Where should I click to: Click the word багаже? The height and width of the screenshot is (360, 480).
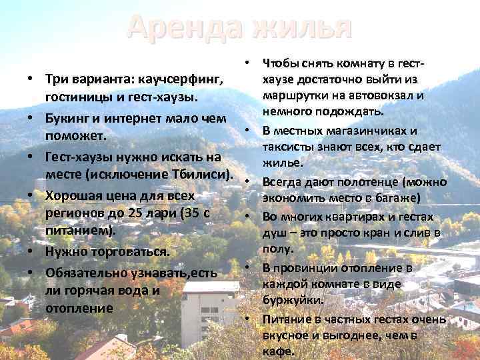[394, 197]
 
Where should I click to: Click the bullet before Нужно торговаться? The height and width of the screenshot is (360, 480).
[31, 253]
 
